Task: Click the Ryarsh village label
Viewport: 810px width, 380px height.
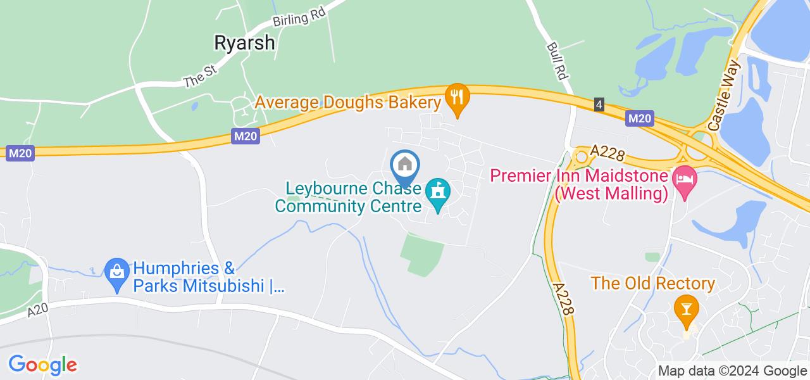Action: click(245, 42)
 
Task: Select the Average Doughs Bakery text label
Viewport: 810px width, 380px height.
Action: click(347, 102)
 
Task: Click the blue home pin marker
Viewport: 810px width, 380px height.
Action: click(405, 166)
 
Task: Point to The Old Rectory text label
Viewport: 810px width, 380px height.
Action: click(653, 283)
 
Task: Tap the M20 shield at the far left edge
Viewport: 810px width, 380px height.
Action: click(20, 153)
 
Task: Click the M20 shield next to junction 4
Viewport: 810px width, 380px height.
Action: click(639, 118)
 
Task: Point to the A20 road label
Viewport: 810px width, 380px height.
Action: click(38, 311)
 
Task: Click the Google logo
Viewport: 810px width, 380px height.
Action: click(42, 365)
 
